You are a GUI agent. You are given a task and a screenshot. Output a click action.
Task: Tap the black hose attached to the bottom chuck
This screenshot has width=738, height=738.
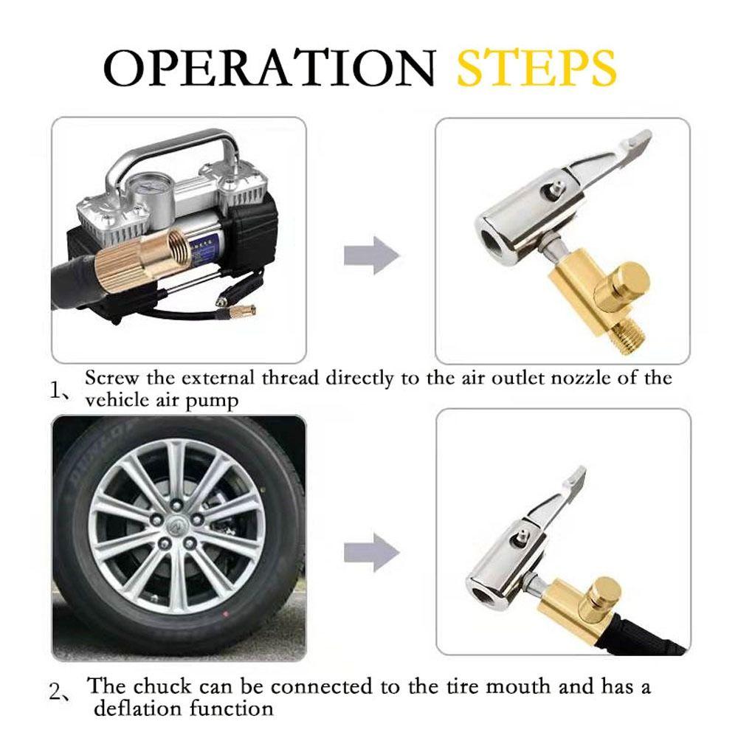pos(649,635)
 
